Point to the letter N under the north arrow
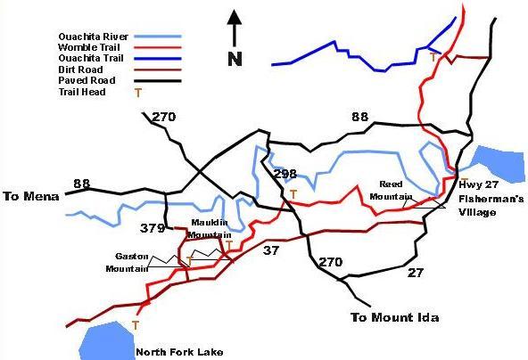tap(235, 60)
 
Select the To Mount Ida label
tap(394, 317)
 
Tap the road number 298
tap(285, 174)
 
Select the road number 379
tap(153, 228)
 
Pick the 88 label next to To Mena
tap(82, 184)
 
